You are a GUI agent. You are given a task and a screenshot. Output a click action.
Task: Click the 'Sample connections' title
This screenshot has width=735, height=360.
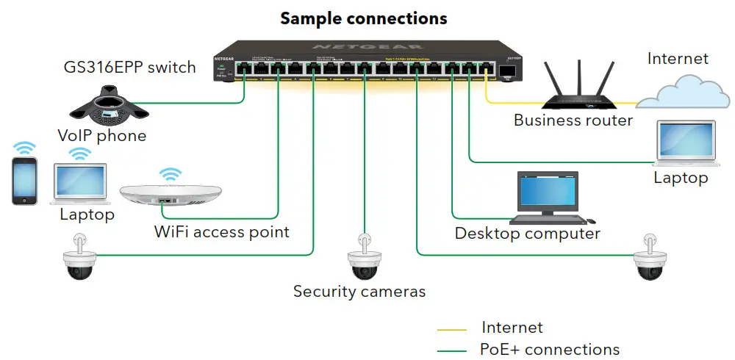364,18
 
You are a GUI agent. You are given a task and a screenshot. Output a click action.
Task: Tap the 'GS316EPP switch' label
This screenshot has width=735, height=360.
129,68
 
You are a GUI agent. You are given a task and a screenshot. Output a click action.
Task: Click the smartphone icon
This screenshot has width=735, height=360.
24,181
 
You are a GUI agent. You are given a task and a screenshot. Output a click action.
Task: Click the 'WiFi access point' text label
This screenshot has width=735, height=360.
221,232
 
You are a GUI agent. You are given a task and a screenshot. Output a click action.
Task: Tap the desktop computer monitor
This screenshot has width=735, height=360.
548,192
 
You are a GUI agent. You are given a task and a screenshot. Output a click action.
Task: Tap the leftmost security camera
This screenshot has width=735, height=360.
79,261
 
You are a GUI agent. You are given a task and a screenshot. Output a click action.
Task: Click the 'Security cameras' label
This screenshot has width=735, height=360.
359,292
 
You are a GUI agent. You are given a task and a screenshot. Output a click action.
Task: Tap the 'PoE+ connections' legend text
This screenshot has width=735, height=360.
550,350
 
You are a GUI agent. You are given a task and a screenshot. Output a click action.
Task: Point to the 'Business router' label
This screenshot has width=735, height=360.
573,120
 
